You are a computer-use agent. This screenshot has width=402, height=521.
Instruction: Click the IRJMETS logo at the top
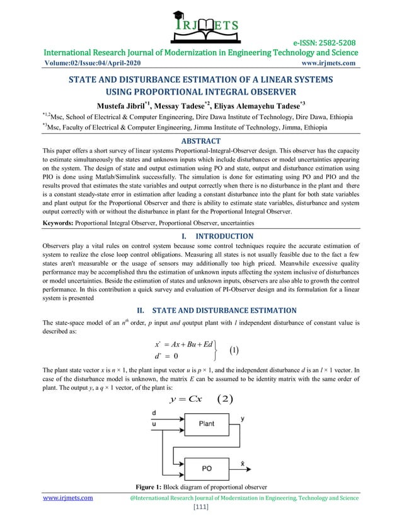[200, 23]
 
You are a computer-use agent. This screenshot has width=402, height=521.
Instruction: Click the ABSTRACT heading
[200, 141]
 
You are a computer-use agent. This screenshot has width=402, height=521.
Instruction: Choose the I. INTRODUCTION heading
[200, 237]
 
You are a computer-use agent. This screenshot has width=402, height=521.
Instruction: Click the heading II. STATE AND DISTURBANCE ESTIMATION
[200, 310]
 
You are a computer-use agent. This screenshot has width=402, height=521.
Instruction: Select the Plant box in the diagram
[206, 424]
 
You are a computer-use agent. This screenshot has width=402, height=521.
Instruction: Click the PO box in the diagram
[206, 468]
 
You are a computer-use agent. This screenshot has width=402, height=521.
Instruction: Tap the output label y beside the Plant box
[243, 418]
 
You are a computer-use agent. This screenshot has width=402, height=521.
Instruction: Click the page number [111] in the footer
[200, 507]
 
